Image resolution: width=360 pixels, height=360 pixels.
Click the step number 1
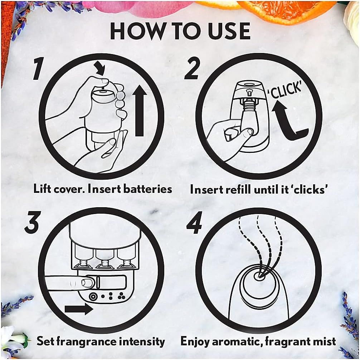tap(38, 69)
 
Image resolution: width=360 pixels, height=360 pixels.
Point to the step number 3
tap(32, 222)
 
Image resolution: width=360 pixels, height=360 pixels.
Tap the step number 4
tap(194, 223)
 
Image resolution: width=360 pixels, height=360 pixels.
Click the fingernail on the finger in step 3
tap(87, 283)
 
